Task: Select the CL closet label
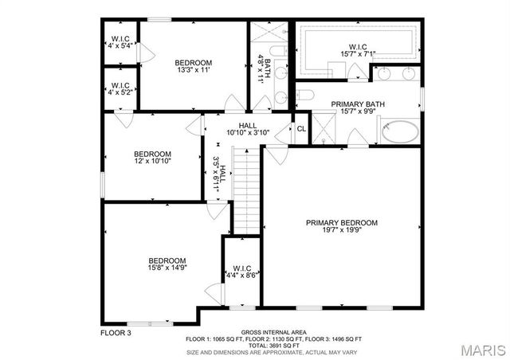[x=301, y=129]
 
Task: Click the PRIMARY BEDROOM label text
[x=342, y=223]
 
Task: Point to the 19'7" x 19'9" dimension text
[x=342, y=232]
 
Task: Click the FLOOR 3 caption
[x=116, y=332]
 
